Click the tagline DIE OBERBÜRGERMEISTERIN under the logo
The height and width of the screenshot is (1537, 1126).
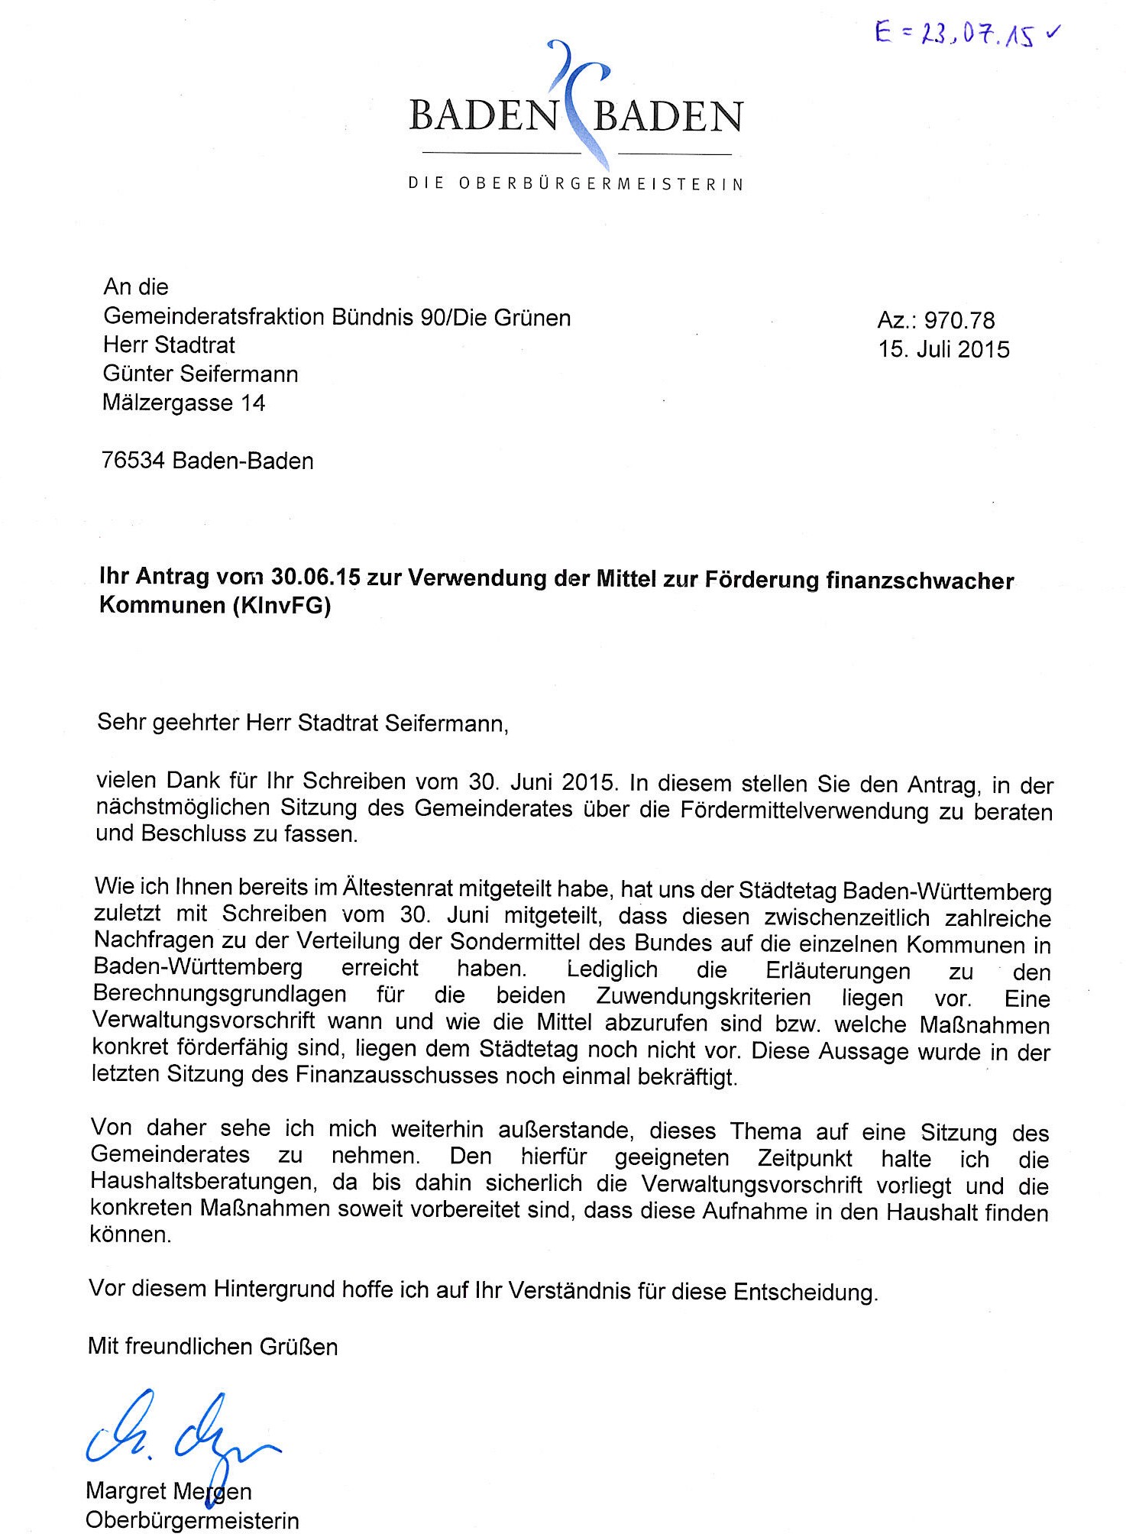tap(576, 184)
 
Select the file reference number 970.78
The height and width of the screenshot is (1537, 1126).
tap(959, 321)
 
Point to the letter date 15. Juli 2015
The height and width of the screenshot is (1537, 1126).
tap(943, 350)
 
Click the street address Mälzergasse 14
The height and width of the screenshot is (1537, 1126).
tap(183, 403)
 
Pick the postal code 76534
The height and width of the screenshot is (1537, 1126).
tap(134, 461)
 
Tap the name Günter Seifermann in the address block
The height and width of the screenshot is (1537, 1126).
tap(200, 374)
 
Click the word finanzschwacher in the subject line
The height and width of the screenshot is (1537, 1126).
tap(920, 581)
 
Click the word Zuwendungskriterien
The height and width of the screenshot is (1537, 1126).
tap(704, 997)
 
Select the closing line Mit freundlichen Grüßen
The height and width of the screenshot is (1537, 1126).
tap(212, 1346)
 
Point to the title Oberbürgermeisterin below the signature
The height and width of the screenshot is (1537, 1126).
tap(192, 1520)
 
